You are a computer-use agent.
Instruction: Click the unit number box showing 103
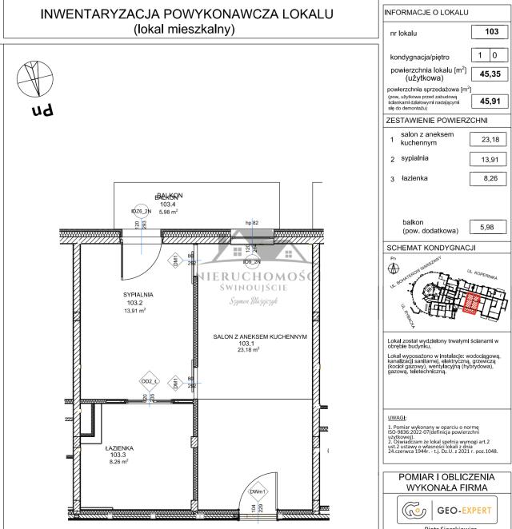(491, 34)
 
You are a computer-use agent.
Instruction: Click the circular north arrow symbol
(33, 79)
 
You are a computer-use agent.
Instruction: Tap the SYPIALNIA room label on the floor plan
(138, 295)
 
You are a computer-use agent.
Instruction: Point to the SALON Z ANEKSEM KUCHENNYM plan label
(260, 337)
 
